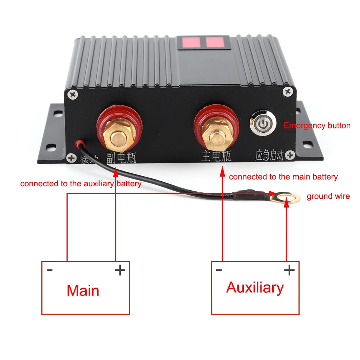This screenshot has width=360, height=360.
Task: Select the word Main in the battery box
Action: pyautogui.click(x=83, y=290)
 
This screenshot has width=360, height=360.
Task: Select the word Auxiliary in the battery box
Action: pyautogui.click(x=255, y=288)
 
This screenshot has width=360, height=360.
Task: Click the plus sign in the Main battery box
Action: pyautogui.click(x=120, y=270)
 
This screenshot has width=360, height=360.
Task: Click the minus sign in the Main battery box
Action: pyautogui.click(x=50, y=270)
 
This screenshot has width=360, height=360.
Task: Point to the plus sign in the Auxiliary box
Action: pyautogui.click(x=289, y=270)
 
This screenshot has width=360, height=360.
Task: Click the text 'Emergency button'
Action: pyautogui.click(x=317, y=126)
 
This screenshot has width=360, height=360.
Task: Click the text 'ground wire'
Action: pyautogui.click(x=328, y=196)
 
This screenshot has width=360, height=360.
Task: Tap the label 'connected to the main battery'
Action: pyautogui.click(x=283, y=177)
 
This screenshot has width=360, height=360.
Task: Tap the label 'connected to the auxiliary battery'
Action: pyautogui.click(x=81, y=184)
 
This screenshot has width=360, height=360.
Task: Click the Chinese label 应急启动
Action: pyautogui.click(x=269, y=156)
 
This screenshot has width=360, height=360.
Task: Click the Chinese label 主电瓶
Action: pyautogui.click(x=216, y=156)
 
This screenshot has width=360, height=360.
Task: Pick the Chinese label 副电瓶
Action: pyautogui.click(x=121, y=157)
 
